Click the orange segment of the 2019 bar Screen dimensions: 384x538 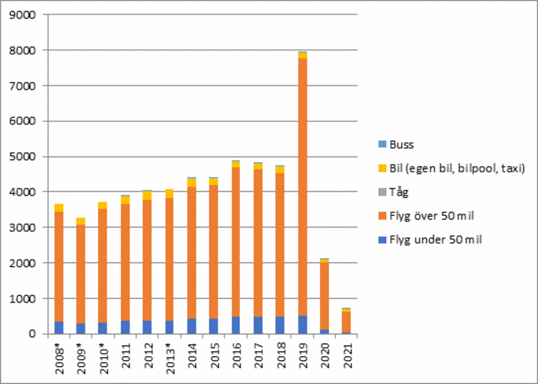click(302, 187)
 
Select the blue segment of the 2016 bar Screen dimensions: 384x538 click(235, 325)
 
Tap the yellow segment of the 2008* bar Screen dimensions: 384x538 click(59, 208)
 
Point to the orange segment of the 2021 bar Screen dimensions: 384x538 click(346, 322)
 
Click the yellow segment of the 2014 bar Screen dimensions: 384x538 click(191, 182)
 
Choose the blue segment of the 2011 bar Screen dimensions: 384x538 click(125, 327)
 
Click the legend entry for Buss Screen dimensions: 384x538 click(402, 145)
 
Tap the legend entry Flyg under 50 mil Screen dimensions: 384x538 click(435, 240)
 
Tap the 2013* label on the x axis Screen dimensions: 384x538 click(170, 359)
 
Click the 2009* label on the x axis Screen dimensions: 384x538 click(81, 359)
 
